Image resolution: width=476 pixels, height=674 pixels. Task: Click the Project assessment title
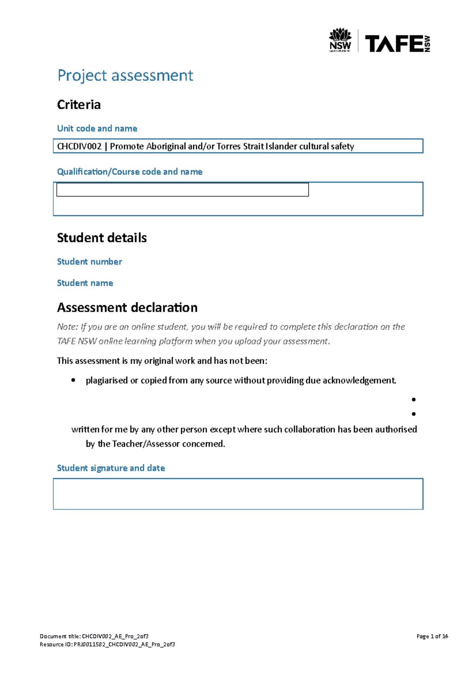[x=125, y=75]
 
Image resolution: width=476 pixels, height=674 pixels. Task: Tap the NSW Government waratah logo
[x=340, y=40]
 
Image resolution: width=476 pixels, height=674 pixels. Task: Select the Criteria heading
[x=79, y=104]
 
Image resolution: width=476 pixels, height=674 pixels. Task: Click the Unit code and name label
[x=97, y=128]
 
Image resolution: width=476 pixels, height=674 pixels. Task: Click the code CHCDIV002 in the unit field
[x=79, y=146]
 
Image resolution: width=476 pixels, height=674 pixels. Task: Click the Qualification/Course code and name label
[x=130, y=171]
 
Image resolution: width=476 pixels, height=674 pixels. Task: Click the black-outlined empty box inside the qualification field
[x=182, y=190]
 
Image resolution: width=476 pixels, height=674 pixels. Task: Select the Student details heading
[x=102, y=238]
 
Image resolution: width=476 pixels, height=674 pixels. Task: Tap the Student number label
[x=89, y=262]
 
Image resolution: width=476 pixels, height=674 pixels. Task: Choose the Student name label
[x=85, y=283]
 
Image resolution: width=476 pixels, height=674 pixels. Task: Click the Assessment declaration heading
[x=127, y=308]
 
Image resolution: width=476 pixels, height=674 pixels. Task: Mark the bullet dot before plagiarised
[x=73, y=380]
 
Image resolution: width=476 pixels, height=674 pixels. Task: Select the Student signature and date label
[x=111, y=468]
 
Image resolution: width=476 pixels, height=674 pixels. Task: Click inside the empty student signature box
[x=238, y=494]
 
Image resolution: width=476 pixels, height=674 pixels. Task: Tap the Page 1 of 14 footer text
[x=432, y=636]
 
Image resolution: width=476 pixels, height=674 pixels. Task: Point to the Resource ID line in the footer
[x=107, y=644]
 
